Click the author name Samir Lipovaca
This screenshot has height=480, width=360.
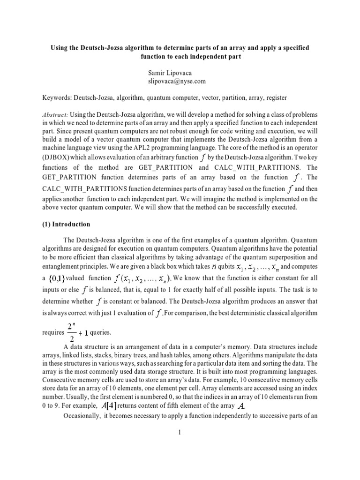[x=170, y=72]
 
